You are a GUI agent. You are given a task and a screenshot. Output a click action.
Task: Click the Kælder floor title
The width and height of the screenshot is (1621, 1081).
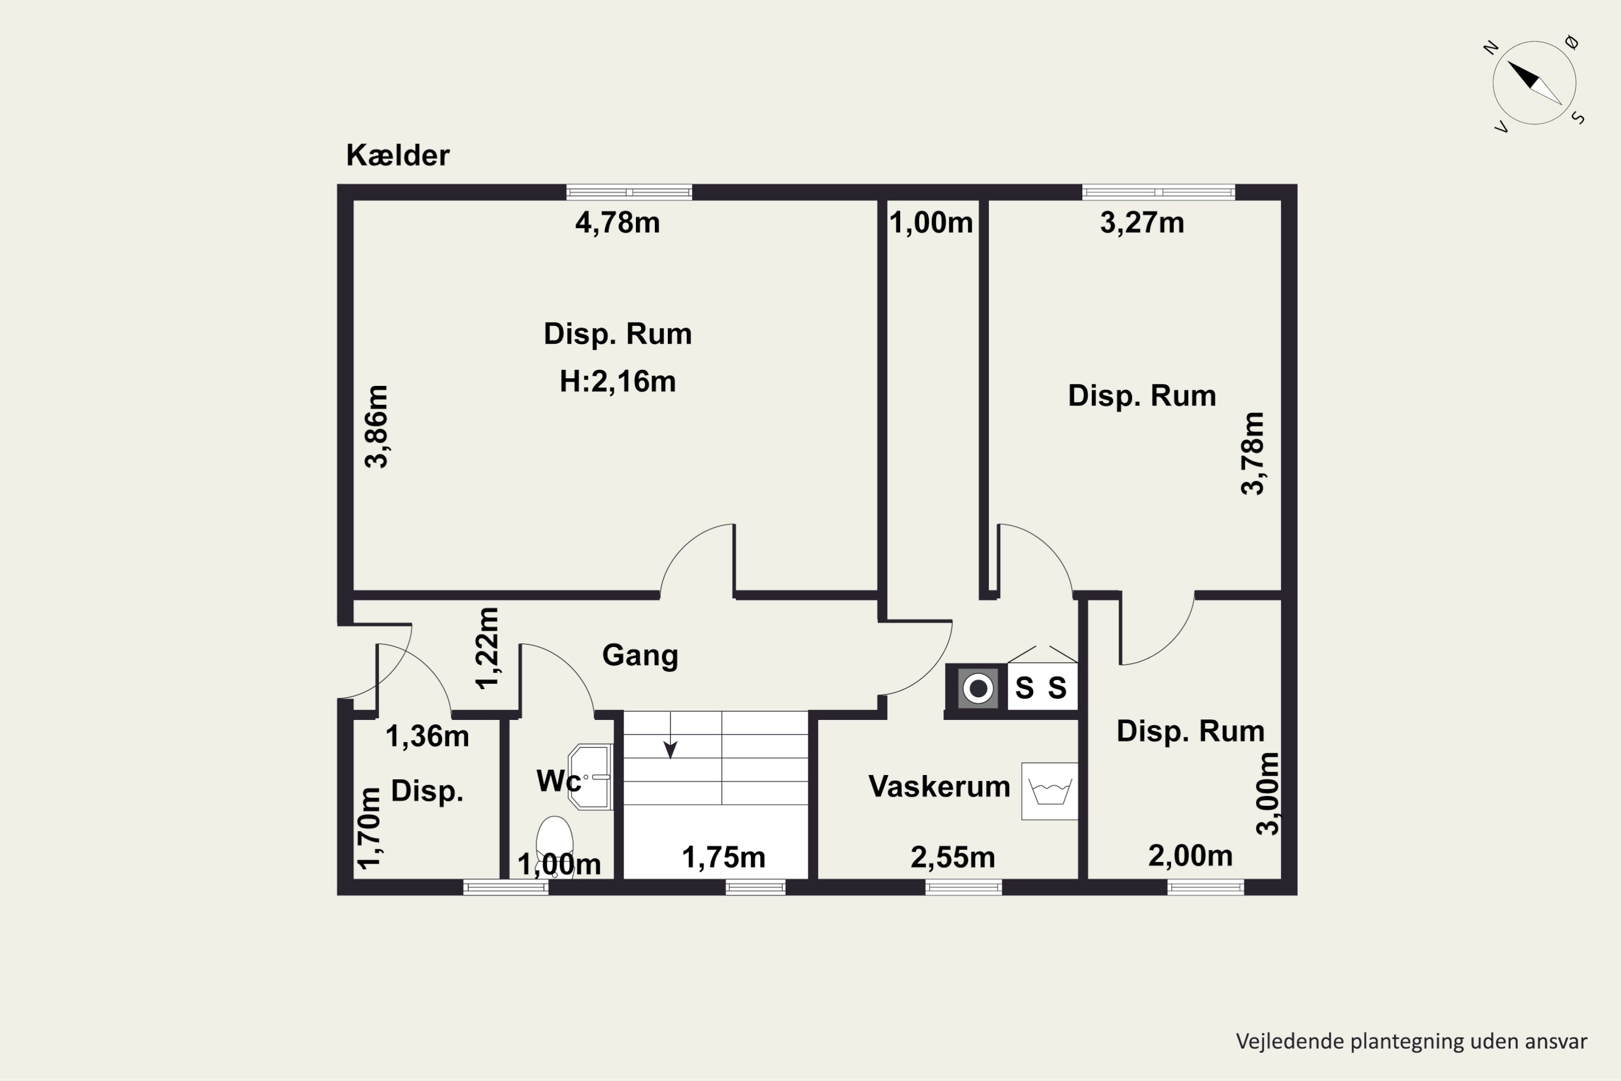398,155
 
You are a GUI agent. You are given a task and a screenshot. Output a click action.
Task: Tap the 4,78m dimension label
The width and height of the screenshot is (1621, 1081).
618,223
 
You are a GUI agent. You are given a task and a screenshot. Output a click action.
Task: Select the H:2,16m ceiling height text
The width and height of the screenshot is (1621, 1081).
618,381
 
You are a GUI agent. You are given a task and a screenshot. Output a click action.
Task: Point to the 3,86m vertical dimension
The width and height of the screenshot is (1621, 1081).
376,427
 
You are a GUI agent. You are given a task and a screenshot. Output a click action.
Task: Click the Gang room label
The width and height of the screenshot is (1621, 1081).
640,656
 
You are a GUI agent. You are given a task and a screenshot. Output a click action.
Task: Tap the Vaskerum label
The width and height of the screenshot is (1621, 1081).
939,786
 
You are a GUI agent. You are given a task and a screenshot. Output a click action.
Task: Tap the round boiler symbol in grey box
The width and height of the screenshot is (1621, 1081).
978,688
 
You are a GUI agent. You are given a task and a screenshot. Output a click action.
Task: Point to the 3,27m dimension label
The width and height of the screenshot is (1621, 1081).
1142,223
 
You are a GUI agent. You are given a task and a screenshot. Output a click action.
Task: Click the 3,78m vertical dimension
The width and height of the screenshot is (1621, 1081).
1252,453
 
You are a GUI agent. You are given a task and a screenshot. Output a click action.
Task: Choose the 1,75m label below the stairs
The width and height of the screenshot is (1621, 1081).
724,858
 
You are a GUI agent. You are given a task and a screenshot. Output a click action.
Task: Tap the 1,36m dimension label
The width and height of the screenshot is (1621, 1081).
427,736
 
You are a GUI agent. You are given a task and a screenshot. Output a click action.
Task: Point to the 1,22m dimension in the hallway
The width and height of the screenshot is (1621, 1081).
487,648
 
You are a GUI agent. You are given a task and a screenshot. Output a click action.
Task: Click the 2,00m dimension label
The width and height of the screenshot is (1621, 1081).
1190,856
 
